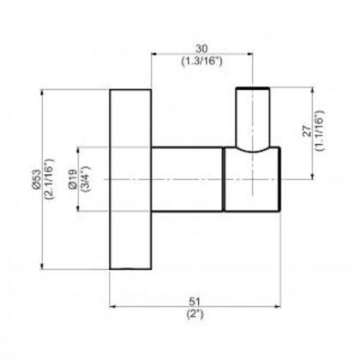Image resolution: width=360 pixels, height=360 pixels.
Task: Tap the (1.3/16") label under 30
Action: (x=201, y=63)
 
